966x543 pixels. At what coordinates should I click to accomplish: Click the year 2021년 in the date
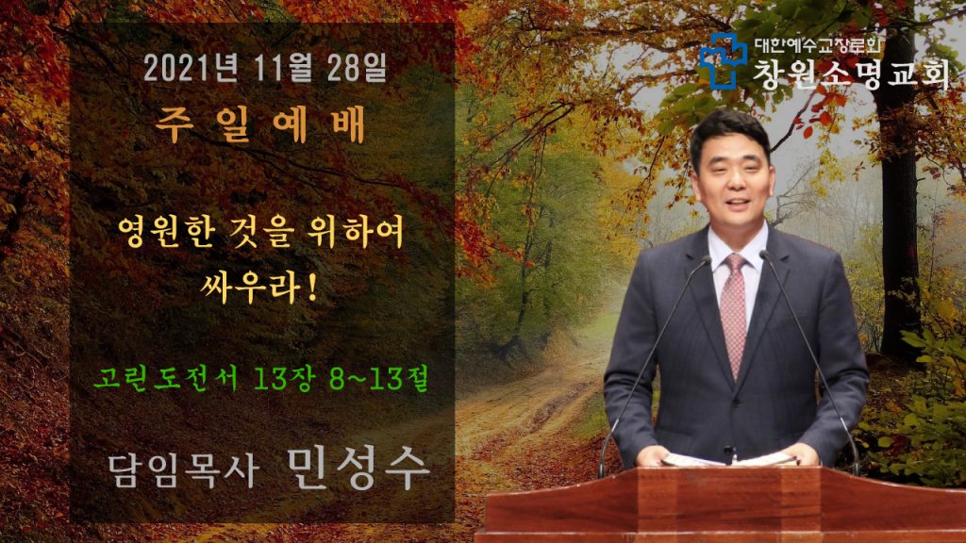[x=191, y=68]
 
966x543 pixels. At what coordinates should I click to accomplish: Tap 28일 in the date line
[x=358, y=68]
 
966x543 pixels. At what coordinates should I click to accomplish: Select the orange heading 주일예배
[x=260, y=124]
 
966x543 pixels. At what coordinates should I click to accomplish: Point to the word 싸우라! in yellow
[x=259, y=287]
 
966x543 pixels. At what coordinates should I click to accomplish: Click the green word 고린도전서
[x=166, y=377]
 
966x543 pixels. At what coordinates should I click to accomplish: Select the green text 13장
[x=283, y=377]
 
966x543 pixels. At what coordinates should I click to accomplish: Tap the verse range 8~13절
[x=378, y=377]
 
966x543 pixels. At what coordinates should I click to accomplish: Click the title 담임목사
[x=183, y=471]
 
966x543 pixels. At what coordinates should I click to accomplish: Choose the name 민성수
[x=358, y=469]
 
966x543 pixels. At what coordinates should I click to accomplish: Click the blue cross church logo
[x=724, y=60]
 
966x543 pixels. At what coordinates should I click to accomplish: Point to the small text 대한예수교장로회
[x=817, y=45]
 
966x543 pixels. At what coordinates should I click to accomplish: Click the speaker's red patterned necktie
[x=734, y=314]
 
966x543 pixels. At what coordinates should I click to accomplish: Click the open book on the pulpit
[x=729, y=459]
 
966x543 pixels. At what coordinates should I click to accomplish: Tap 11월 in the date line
[x=283, y=68]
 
